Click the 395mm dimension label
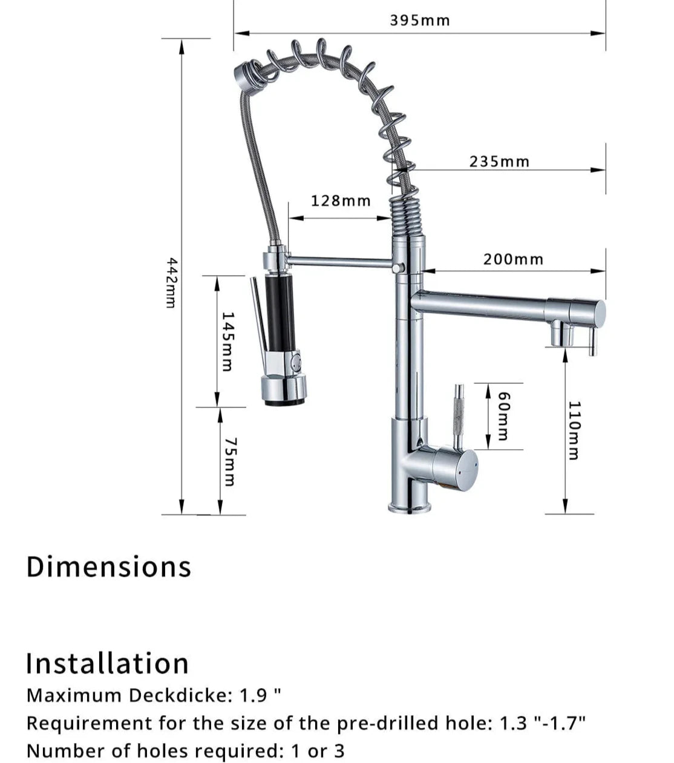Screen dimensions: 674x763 coord(420,21)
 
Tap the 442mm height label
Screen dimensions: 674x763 coord(171,283)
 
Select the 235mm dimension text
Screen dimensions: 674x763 coord(500,161)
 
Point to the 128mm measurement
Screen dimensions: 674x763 coord(341,201)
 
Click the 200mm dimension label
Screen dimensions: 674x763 coord(514,259)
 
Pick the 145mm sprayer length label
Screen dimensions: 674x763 coord(227,341)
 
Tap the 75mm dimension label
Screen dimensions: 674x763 coord(230,462)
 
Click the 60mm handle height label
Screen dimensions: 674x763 coord(505,416)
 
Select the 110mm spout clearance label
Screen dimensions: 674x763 coord(574,430)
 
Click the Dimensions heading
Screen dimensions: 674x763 coord(108,567)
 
